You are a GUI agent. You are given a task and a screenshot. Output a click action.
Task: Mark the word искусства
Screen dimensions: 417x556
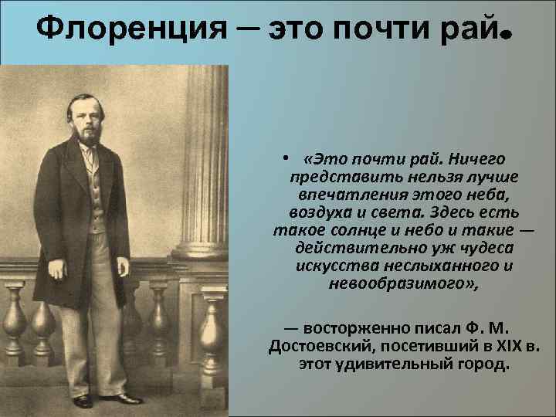pos(329,265)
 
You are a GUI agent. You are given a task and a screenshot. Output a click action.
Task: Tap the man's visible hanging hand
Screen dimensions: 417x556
pos(56,270)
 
